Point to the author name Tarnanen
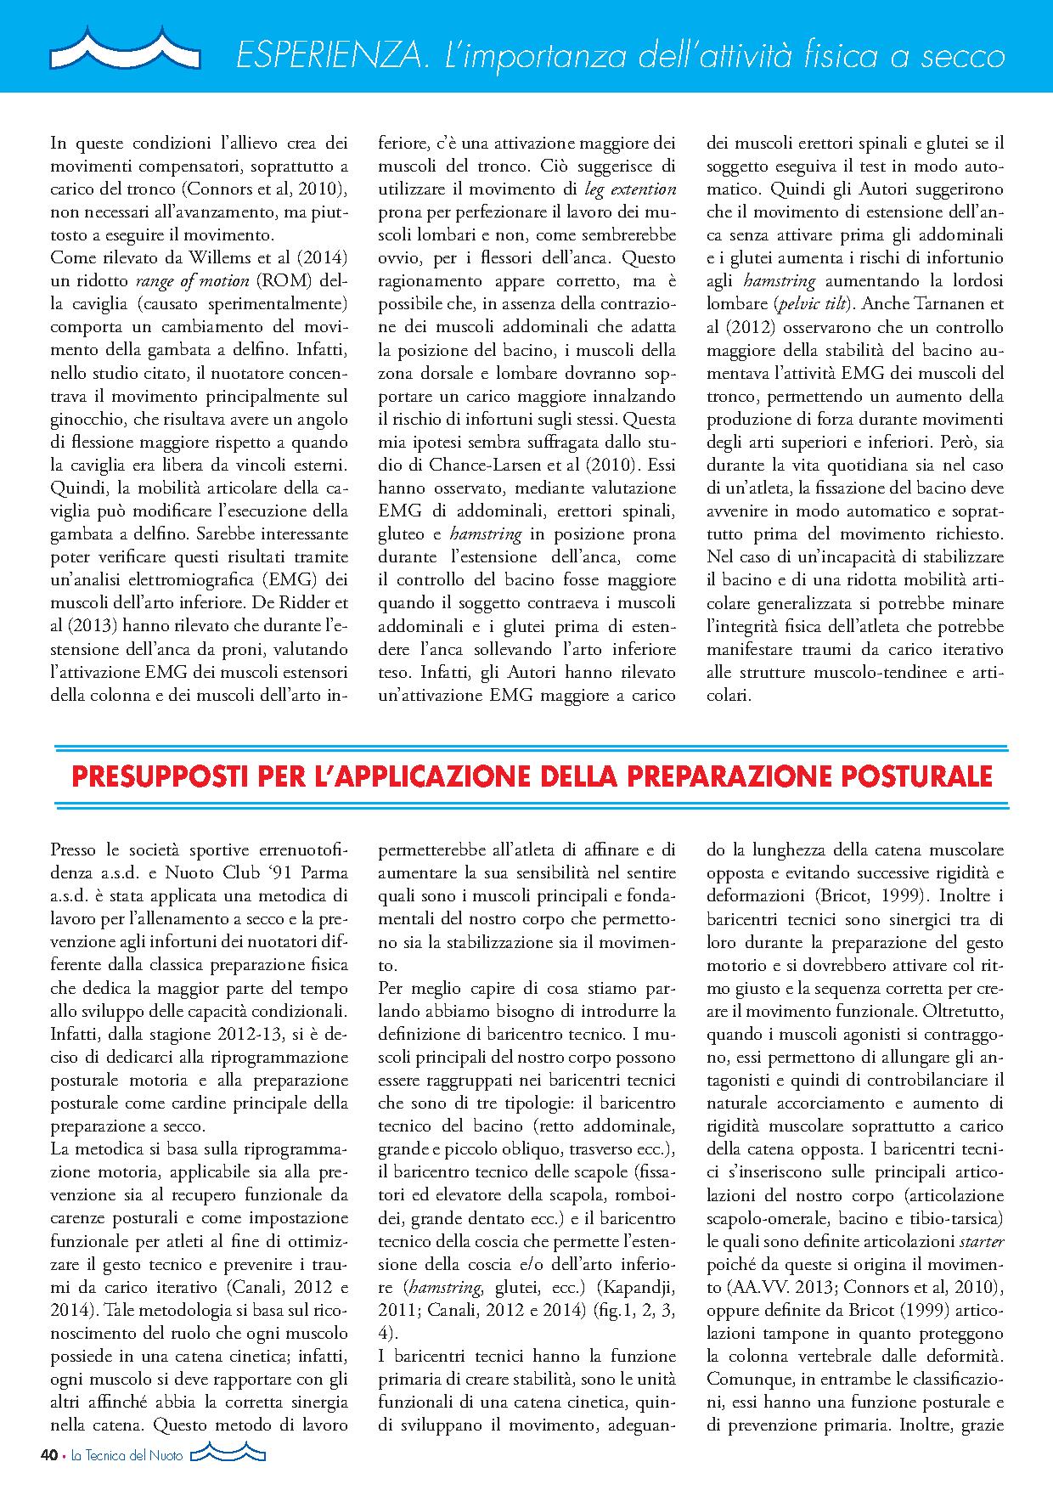[x=941, y=304]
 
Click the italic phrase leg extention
[x=631, y=188]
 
